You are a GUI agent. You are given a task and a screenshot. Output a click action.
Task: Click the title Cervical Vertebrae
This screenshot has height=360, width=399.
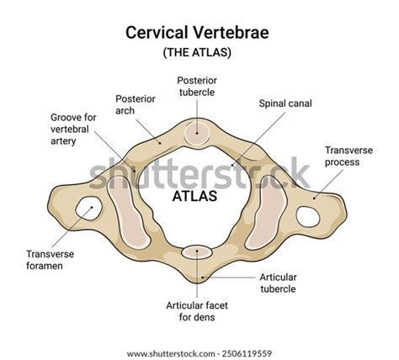point(199,32)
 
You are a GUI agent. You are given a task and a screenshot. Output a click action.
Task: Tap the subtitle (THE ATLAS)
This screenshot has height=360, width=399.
point(199,52)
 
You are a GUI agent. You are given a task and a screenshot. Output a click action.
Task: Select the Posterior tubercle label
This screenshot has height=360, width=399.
point(199,85)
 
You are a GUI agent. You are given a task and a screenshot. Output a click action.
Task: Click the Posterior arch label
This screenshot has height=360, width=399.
point(136,103)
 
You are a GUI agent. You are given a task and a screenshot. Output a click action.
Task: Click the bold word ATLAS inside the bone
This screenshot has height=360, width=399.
point(194,197)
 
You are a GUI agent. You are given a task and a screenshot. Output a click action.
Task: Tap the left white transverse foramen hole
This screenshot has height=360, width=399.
point(87,207)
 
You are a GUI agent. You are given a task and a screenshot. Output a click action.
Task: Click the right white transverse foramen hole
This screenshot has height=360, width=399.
point(309,215)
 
